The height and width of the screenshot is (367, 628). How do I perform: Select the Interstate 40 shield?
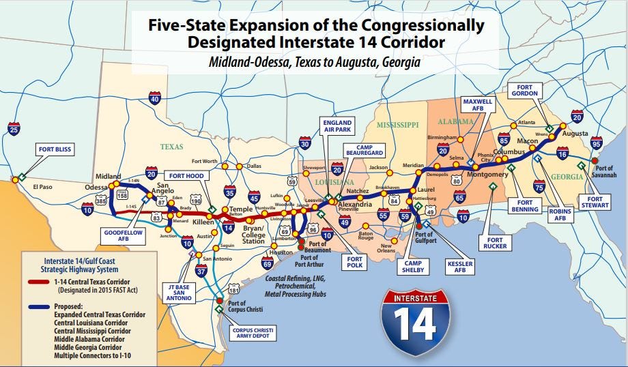point(154,100)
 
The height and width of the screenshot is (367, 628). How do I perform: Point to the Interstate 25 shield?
point(14,128)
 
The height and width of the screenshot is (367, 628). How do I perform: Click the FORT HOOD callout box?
point(186,175)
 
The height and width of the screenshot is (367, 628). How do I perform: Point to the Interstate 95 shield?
point(597,144)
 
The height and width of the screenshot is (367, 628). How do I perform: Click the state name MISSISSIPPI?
point(398,126)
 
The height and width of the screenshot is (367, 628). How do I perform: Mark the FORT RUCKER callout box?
point(495,244)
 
